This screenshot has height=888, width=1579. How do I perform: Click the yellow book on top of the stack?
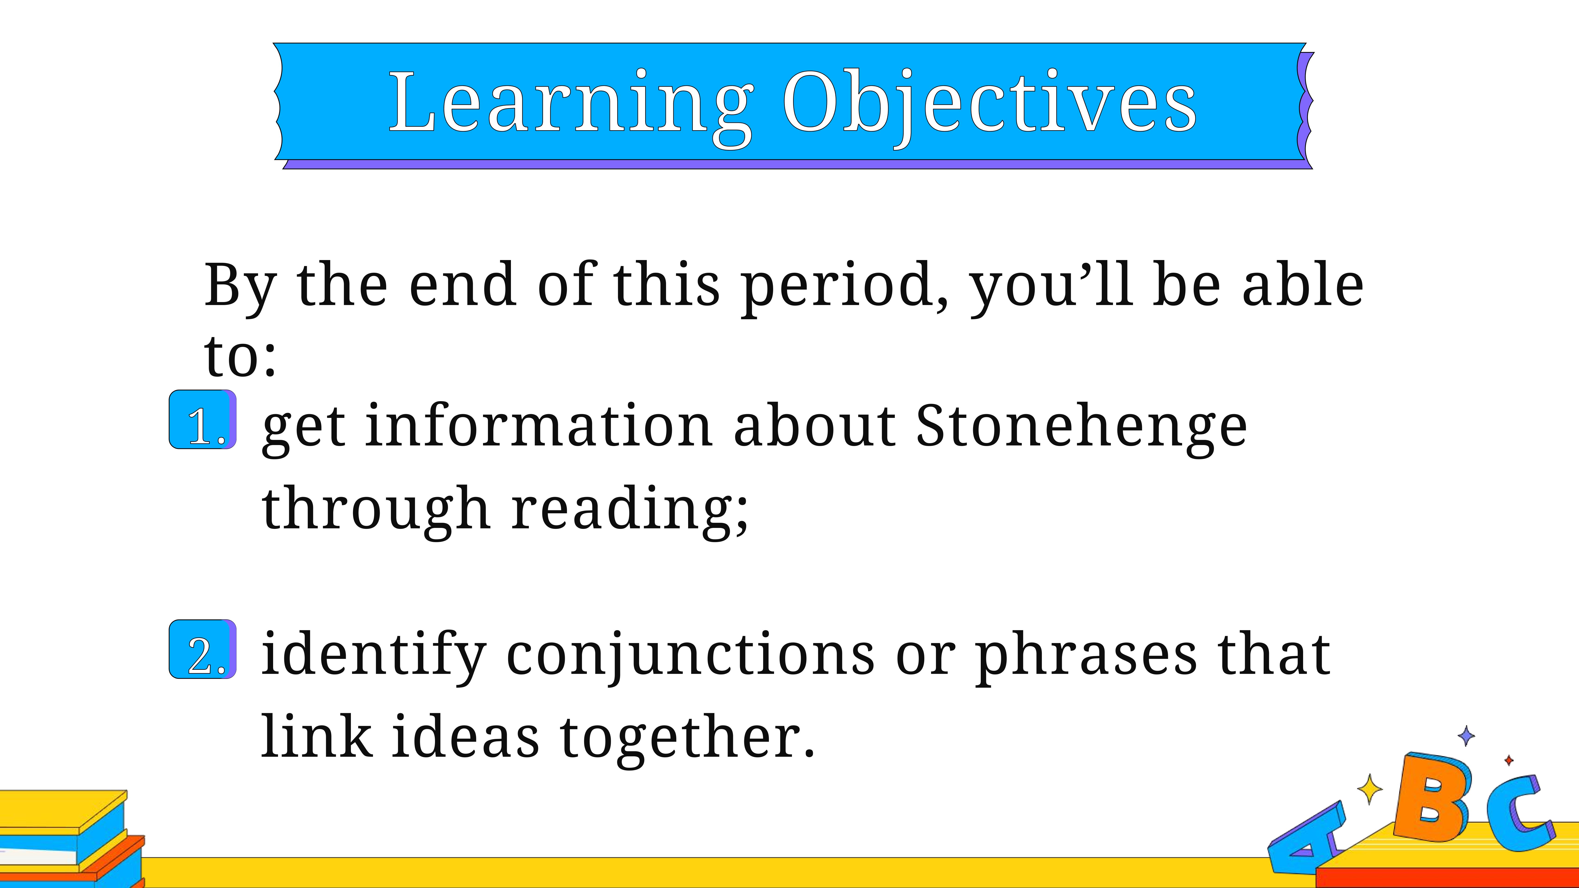click(61, 810)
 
